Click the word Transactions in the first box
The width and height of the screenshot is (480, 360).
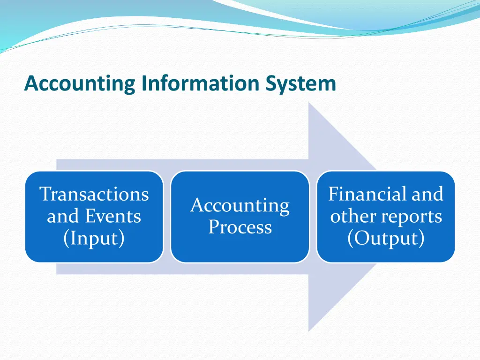tap(94, 194)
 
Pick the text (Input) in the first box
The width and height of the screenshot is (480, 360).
tap(94, 238)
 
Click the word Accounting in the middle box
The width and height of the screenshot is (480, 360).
tap(240, 206)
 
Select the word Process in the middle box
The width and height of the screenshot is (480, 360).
tap(240, 227)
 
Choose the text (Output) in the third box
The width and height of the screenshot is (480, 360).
tap(386, 238)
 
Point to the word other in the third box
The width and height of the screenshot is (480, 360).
tap(347, 217)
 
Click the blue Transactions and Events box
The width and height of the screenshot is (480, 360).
tap(94, 253)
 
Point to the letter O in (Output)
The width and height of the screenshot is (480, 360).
tap(360, 238)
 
